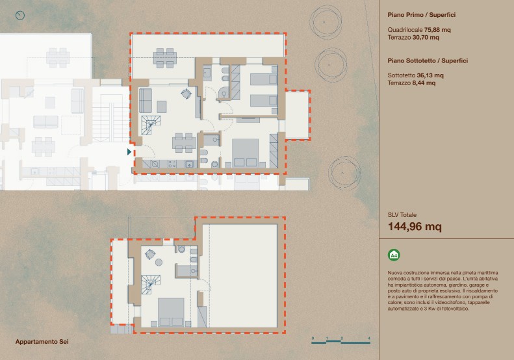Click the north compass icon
(x=20, y=15)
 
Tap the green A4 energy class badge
(x=394, y=255)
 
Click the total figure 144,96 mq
(x=415, y=227)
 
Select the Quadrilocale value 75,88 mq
(x=437, y=30)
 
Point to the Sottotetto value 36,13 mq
(x=430, y=75)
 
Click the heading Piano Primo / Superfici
(x=422, y=15)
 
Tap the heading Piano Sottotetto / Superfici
(x=428, y=60)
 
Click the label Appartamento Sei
(x=42, y=342)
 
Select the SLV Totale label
(x=402, y=215)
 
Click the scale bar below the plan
(x=341, y=342)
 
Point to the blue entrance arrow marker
(x=129, y=152)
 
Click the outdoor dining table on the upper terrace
(x=165, y=58)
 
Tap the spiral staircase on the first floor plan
(x=151, y=125)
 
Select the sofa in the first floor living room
(x=146, y=100)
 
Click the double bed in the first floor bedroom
(x=245, y=153)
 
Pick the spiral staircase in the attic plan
(x=151, y=285)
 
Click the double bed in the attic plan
(x=171, y=312)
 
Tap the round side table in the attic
(x=159, y=263)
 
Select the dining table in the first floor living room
(x=184, y=142)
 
